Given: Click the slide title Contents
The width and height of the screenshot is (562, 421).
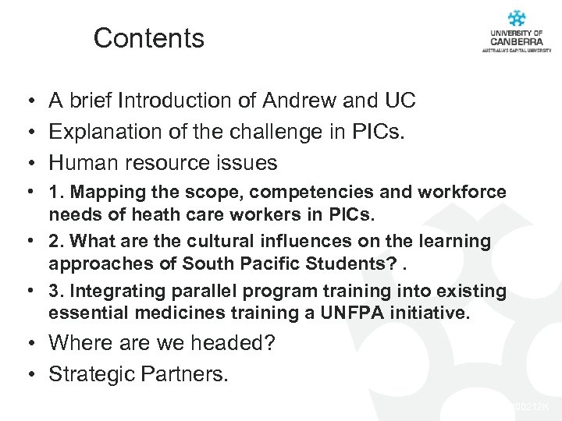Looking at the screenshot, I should coord(148,38).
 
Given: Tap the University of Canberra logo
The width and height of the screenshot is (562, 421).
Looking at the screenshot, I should coord(516,31).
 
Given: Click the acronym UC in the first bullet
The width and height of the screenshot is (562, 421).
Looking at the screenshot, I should coord(400,101).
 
